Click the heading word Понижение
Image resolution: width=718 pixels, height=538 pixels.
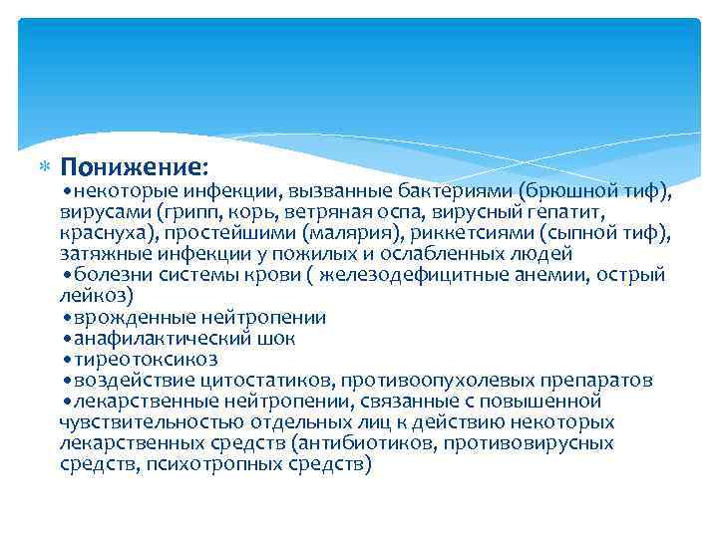133,163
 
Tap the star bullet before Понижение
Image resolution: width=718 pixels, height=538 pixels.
43,164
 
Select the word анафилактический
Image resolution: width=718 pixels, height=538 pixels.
160,339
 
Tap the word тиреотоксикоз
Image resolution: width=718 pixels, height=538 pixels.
145,360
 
